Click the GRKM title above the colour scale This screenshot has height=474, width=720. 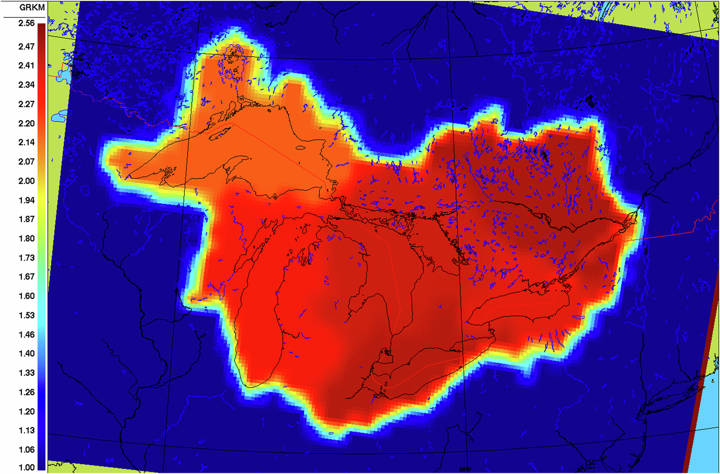[x=32, y=7]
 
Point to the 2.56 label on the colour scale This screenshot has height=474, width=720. [x=27, y=23]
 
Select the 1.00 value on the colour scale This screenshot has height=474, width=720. [x=27, y=468]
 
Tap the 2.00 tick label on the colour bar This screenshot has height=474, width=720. [x=27, y=181]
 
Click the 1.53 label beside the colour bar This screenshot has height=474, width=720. [x=27, y=315]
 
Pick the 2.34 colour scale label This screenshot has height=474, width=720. [x=27, y=85]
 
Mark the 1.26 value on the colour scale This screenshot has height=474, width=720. [x=27, y=392]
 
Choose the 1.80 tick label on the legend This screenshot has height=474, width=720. [x=27, y=239]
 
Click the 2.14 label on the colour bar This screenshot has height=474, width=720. [x=27, y=142]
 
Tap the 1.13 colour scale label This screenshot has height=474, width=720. [x=27, y=430]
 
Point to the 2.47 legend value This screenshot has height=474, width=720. [x=27, y=47]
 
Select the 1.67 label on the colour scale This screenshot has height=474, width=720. [x=27, y=277]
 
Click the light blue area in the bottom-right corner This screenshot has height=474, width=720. [x=705, y=435]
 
